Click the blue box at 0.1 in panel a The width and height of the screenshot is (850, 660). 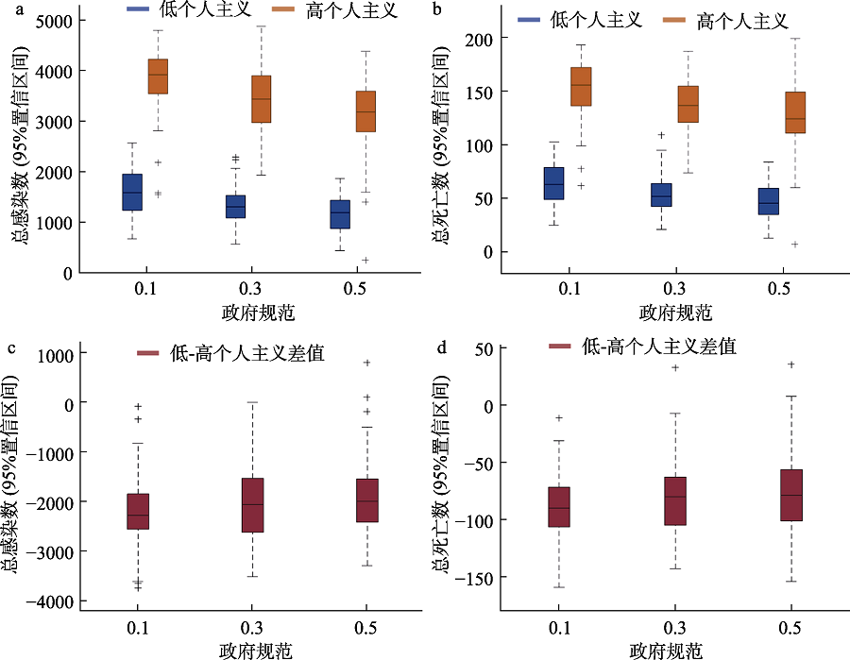point(132,192)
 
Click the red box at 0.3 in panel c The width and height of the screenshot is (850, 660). point(252,505)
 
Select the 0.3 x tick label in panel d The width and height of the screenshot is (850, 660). point(674,628)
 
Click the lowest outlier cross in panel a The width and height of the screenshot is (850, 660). point(365,260)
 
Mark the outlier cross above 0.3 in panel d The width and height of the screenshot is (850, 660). point(674,367)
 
